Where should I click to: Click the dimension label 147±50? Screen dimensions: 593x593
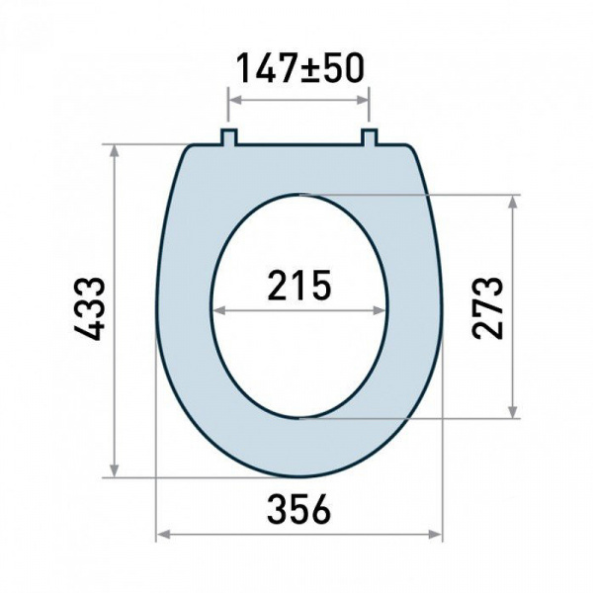coord(299,68)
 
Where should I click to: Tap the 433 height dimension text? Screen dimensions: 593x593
coord(89,309)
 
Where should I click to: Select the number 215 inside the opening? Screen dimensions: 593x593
coord(299,285)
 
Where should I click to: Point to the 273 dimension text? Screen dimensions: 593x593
coord(488,307)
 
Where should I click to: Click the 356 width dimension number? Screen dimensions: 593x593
coord(298,509)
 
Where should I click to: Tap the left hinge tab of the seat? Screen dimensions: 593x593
coord(229,137)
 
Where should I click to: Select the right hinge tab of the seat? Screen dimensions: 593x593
coord(369,137)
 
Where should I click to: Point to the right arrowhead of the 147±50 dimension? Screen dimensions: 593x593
coord(363,100)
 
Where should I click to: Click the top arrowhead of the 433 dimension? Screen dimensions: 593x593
coord(115,151)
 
